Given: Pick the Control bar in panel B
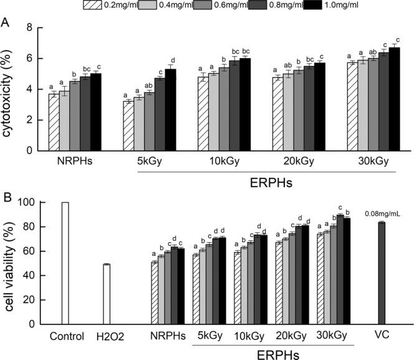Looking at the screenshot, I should (65, 263).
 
